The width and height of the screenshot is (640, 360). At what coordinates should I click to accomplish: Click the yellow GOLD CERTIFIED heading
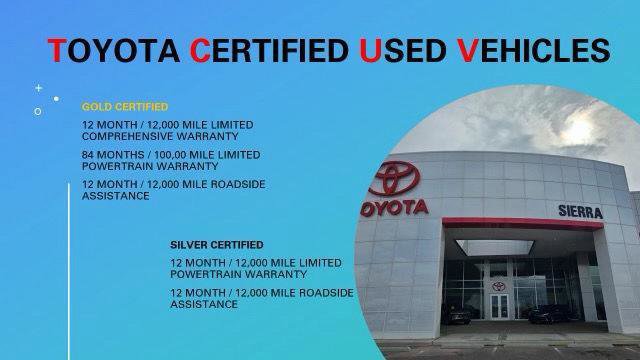click(x=125, y=105)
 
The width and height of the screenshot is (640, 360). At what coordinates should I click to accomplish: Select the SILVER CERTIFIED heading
click(x=217, y=244)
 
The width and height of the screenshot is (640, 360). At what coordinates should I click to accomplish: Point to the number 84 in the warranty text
click(x=90, y=155)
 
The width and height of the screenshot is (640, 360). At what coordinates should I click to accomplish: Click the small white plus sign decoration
click(x=39, y=88)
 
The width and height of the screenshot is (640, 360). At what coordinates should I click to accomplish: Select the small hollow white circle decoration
click(x=37, y=111)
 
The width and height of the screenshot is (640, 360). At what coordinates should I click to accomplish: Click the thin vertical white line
click(x=67, y=270)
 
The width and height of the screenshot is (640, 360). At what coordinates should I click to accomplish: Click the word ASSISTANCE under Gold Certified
click(x=116, y=197)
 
